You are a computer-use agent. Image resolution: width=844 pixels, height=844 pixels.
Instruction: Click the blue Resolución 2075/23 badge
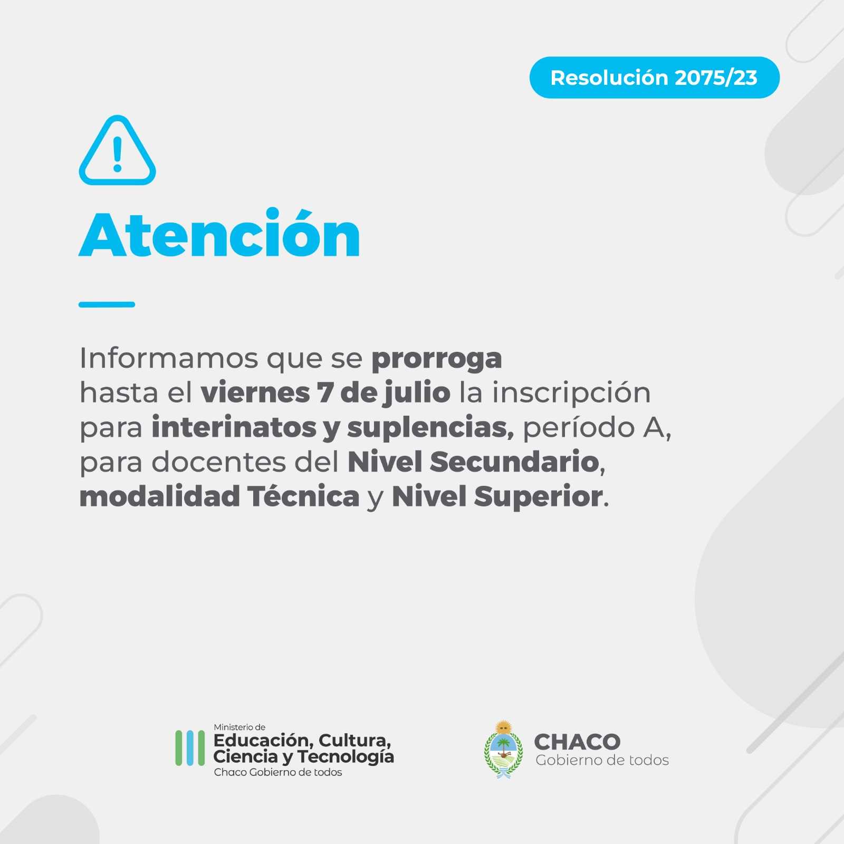pos(654,78)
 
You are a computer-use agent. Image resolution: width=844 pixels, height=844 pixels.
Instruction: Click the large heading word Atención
pos(219,233)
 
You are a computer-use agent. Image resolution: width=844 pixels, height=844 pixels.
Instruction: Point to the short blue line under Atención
pos(107,304)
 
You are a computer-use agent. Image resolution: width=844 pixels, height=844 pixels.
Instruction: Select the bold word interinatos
pos(234,427)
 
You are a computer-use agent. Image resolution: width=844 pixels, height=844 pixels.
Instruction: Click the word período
pos(579,428)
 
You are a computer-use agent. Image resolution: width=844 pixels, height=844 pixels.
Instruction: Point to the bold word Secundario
pos(515,462)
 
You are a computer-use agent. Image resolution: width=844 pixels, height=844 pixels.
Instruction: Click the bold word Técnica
pos(303,496)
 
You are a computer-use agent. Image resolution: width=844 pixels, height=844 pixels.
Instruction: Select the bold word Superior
pos(538,497)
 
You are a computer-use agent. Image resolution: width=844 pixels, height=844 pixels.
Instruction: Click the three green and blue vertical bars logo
pos(190,748)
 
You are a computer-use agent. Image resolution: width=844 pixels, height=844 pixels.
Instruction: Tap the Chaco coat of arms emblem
pos(504,750)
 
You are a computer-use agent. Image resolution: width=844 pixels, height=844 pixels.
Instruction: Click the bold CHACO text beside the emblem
pos(577,742)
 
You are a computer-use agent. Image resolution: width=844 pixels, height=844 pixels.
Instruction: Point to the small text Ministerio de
pos(239,727)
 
